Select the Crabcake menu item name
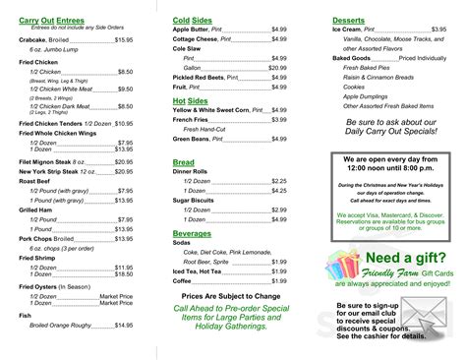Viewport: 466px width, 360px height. point(33,39)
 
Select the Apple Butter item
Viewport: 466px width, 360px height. point(194,29)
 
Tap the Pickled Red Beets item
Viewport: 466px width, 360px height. point(201,77)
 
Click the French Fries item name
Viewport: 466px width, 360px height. point(191,120)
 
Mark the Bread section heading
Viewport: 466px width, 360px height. point(184,160)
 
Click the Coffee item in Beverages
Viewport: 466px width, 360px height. point(183,280)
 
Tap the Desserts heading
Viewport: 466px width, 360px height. point(349,19)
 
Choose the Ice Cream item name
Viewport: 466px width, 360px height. point(351,29)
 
